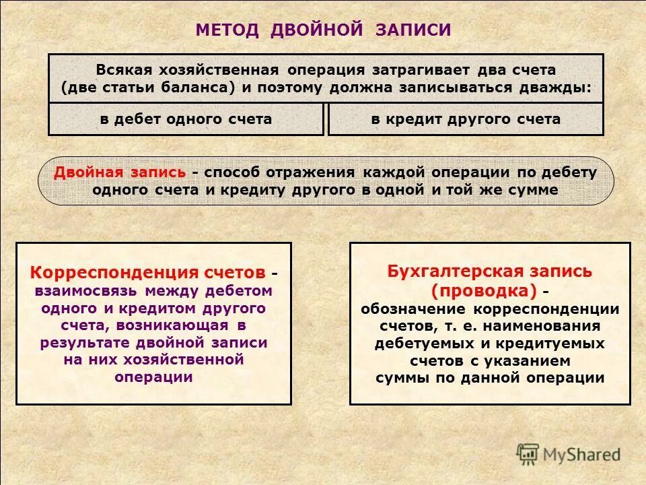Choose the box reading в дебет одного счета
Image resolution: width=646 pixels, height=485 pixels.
pos(186,119)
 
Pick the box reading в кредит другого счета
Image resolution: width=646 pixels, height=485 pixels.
pos(465,119)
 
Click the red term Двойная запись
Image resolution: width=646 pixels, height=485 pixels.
pos(120,172)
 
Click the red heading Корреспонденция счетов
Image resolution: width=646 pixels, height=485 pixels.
pos(147,273)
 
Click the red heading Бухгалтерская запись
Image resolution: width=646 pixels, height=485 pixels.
pos(489,271)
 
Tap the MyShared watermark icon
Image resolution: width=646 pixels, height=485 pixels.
pos(528,453)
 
